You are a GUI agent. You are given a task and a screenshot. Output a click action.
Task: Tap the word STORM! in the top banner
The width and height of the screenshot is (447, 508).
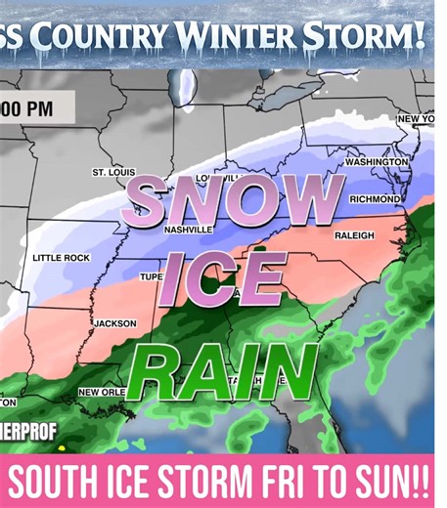[367, 36]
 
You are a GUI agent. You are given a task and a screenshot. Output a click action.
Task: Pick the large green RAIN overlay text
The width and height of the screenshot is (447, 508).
[222, 371]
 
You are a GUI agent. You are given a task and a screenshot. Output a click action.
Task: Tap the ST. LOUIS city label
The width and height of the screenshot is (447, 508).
[113, 172]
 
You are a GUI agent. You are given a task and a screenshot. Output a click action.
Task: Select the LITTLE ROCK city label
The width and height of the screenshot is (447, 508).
[61, 257]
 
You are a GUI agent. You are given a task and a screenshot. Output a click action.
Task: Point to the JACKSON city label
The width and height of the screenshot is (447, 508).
[115, 322]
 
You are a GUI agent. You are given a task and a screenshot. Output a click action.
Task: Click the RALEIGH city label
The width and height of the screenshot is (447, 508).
[354, 235]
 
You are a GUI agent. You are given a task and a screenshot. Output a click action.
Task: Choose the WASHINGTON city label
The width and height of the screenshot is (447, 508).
[377, 161]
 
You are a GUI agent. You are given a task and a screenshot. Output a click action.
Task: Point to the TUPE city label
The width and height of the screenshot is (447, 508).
[152, 276]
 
